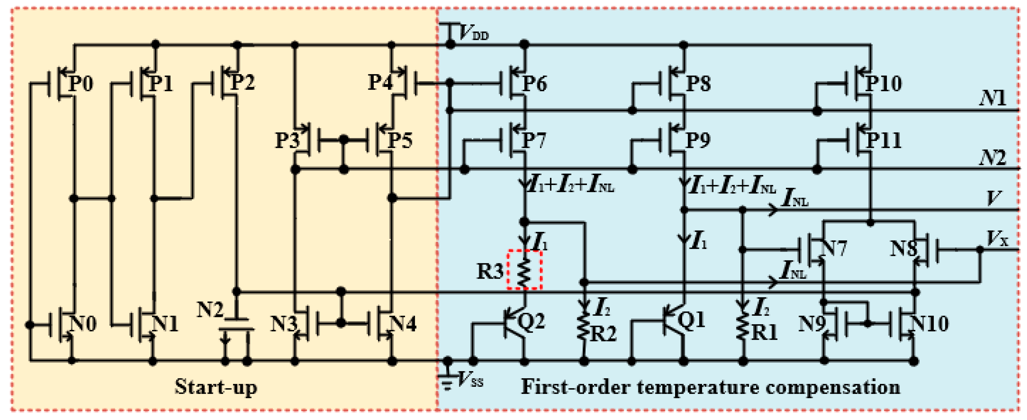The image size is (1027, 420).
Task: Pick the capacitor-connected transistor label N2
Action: [210, 309]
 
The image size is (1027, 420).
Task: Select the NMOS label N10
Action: [930, 324]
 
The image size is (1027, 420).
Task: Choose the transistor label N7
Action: [834, 248]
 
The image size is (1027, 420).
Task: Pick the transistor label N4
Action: [403, 324]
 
